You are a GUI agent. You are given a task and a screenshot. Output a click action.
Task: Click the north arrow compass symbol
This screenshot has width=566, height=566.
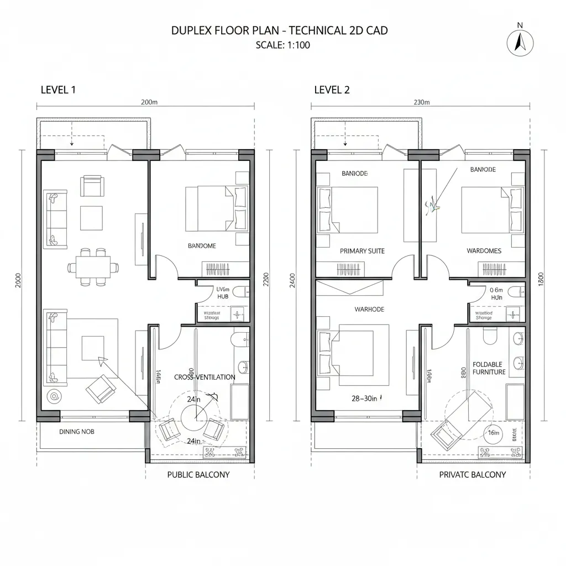[519, 41]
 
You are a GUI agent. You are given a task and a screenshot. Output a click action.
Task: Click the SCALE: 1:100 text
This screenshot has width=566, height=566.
[282, 45]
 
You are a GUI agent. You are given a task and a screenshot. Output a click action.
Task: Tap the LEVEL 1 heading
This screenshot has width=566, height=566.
[58, 90]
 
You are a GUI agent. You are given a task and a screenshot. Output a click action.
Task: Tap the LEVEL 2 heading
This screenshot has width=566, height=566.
[332, 90]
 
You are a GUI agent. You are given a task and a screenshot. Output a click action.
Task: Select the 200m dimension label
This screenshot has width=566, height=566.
[149, 102]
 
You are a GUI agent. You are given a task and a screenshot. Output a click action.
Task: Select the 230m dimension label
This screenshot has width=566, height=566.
[421, 102]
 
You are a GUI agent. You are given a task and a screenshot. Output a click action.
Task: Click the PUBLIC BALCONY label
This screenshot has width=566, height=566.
[198, 474]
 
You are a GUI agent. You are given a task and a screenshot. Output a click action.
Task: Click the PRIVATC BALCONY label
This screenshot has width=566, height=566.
[472, 474]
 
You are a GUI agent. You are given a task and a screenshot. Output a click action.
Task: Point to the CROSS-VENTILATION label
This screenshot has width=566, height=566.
[205, 377]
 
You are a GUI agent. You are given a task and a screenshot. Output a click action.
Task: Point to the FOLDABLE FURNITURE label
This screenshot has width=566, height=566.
[489, 368]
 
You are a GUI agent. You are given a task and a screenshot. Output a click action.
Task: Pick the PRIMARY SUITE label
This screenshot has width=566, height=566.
[362, 251]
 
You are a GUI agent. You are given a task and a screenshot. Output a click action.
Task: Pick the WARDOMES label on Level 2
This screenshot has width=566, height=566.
[484, 251]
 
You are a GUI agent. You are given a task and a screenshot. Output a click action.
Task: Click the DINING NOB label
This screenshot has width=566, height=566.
[76, 431]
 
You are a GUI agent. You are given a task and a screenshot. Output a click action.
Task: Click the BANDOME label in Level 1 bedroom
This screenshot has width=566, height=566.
[202, 245]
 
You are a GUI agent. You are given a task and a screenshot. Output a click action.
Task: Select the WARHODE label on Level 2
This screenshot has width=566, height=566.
[369, 309]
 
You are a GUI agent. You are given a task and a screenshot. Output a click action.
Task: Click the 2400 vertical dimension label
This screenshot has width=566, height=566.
[292, 281]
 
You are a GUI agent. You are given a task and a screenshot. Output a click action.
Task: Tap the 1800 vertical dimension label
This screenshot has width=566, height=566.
[541, 281]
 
